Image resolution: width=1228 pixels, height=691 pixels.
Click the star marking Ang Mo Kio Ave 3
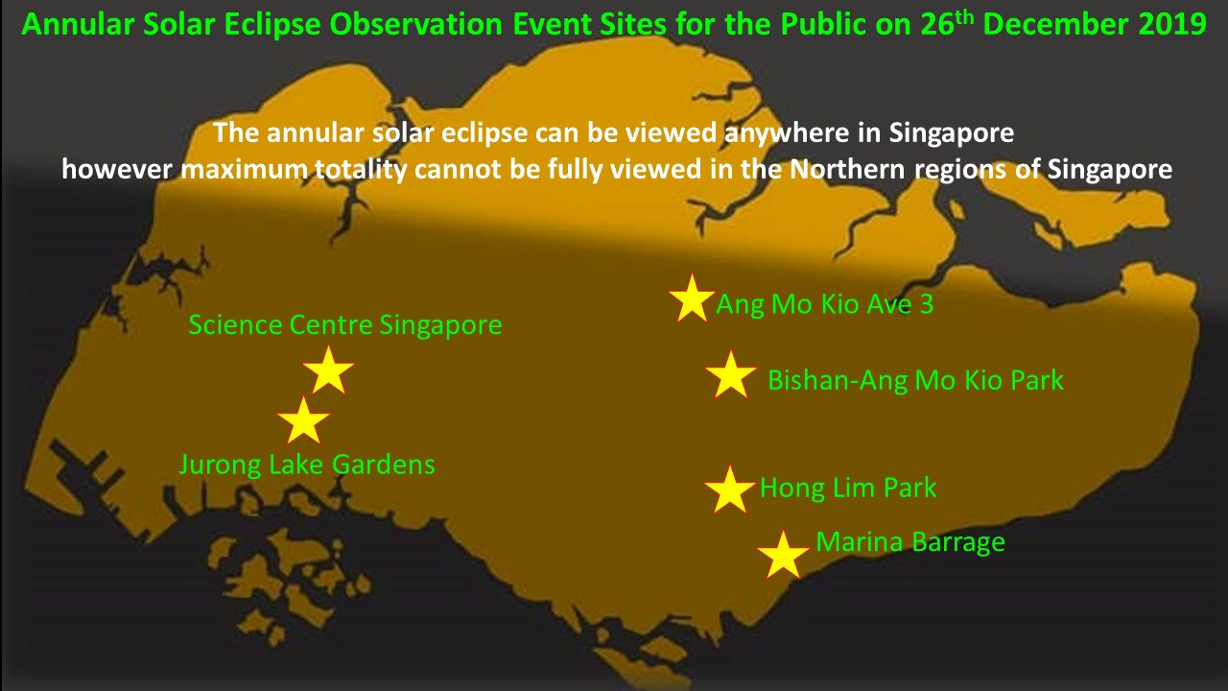[x=692, y=298]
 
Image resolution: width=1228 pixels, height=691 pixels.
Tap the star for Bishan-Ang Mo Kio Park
[x=731, y=375]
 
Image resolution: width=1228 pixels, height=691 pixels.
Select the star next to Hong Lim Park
[x=730, y=490]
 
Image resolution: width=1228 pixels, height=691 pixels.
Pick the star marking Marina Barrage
[x=783, y=556]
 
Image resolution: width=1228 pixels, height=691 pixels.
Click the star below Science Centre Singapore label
[x=328, y=370]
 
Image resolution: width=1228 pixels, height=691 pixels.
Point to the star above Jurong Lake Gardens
[x=303, y=421]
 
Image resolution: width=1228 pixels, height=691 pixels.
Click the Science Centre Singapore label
[x=345, y=324]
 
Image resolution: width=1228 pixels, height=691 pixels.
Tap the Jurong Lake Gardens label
[x=307, y=465]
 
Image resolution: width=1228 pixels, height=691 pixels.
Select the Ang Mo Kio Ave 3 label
[x=824, y=305]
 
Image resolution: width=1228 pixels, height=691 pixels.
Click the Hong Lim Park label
[x=848, y=488]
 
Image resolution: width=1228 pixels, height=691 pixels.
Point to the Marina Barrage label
[x=910, y=542]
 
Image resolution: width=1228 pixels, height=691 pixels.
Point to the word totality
[x=361, y=170]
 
